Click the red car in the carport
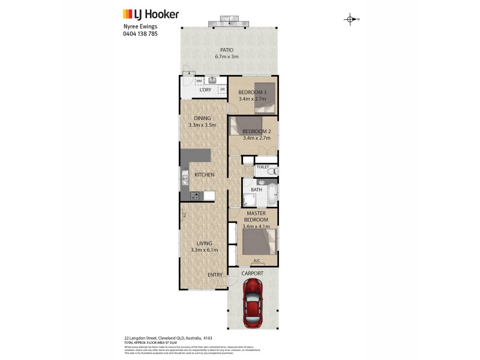click(x=253, y=304)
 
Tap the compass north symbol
click(x=350, y=19)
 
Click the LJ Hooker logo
click(x=151, y=13)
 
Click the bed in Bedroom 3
click(x=264, y=97)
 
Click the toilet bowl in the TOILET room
click(x=271, y=172)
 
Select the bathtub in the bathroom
click(x=272, y=193)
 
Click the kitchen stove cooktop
click(x=195, y=196)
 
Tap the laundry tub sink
click(x=213, y=80)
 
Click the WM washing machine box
click(x=199, y=80)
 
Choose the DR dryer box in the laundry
click(x=222, y=89)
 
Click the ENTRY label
click(x=215, y=275)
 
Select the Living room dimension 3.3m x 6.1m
click(x=204, y=250)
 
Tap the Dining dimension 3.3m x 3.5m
click(x=202, y=125)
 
